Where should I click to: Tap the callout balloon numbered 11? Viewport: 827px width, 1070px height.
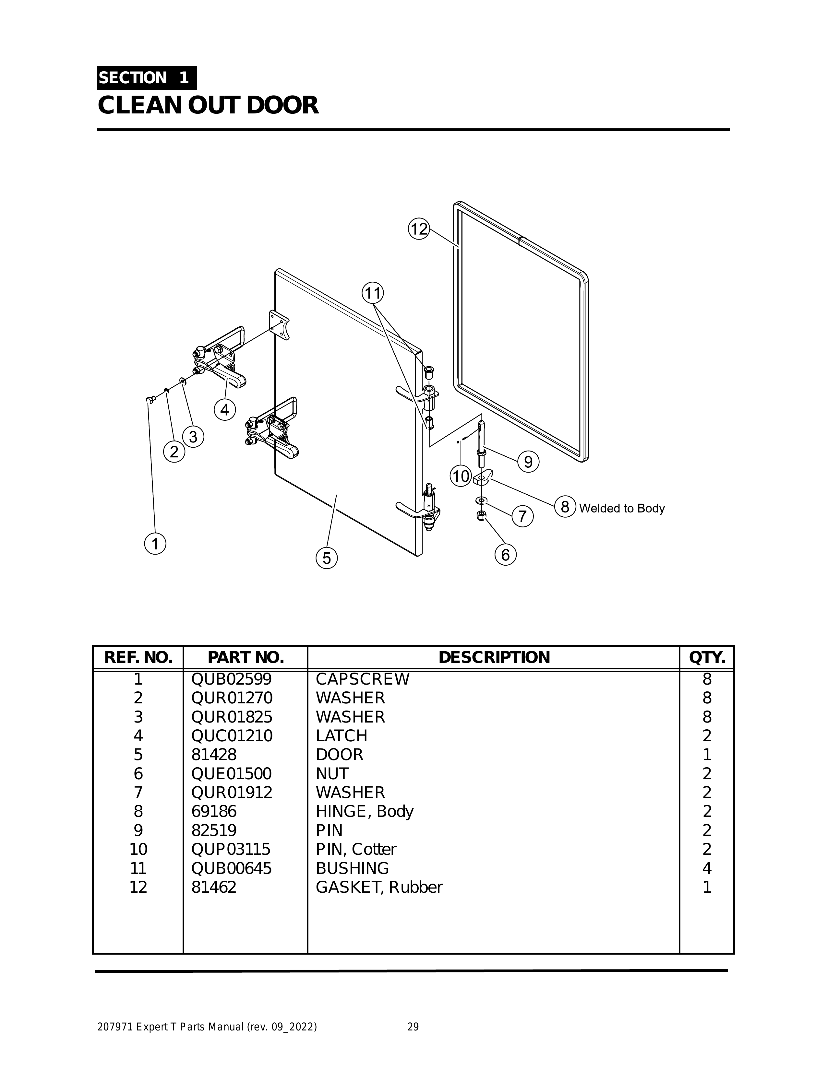click(373, 293)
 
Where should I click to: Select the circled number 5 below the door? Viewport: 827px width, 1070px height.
click(327, 558)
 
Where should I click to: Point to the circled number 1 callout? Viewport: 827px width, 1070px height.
click(155, 544)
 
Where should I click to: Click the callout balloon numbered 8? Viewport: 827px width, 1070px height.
click(565, 507)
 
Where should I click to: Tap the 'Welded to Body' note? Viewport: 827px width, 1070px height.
click(622, 509)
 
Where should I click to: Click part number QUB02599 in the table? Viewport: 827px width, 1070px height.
click(231, 679)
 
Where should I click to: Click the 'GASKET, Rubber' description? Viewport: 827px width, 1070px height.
click(379, 887)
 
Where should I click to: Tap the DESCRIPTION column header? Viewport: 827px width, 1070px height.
click(494, 657)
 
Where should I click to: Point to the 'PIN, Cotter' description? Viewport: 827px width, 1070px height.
click(356, 849)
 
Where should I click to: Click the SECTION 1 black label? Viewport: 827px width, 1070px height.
click(147, 78)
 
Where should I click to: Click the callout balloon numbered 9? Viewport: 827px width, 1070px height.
click(528, 462)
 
